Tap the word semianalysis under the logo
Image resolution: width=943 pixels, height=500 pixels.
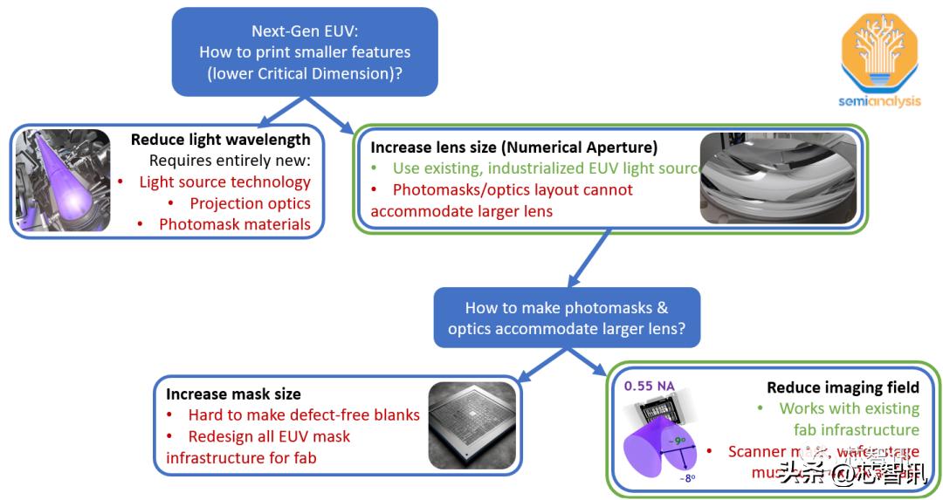tap(879, 101)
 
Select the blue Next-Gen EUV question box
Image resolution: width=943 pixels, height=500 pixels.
tap(305, 51)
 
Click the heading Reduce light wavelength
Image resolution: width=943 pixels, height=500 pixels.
tap(220, 140)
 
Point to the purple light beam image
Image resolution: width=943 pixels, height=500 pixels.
tap(64, 181)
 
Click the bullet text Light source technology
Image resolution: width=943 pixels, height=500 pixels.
tap(224, 182)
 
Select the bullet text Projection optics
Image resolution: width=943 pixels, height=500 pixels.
tap(250, 203)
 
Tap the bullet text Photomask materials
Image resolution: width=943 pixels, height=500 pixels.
tap(234, 224)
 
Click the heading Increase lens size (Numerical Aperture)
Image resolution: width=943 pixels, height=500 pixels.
tap(513, 147)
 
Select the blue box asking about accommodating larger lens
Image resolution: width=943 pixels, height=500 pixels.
tap(567, 318)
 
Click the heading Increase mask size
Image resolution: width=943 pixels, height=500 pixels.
tap(233, 394)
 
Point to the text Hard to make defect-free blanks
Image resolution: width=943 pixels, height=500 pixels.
tap(304, 414)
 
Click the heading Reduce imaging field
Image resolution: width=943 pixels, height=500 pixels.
tap(843, 387)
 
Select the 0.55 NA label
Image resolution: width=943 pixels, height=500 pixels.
tap(649, 387)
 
